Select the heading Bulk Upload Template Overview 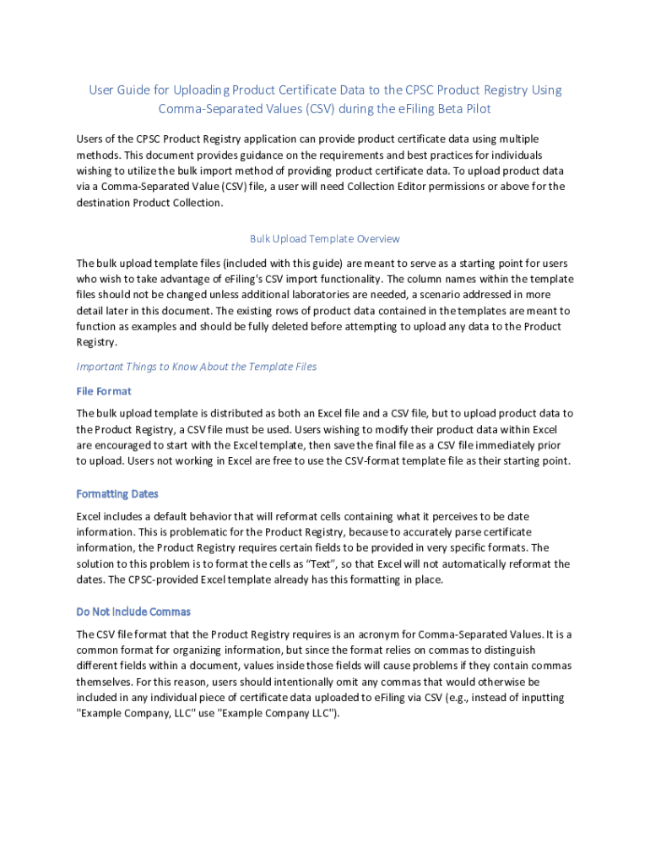tap(324, 239)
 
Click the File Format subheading tap(104, 391)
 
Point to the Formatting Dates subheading tap(117, 493)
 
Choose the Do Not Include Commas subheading tap(133, 611)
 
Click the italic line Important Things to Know tap(197, 367)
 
